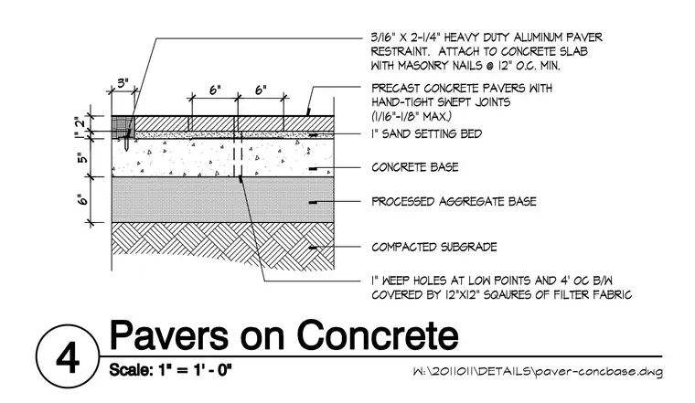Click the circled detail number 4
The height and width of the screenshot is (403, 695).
pyautogui.click(x=68, y=357)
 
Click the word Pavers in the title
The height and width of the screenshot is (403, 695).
pyautogui.click(x=169, y=335)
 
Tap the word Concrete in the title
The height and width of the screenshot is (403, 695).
pyautogui.click(x=378, y=335)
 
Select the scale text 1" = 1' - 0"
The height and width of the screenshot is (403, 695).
pyautogui.click(x=195, y=369)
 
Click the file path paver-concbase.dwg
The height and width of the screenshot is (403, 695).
pyautogui.click(x=598, y=371)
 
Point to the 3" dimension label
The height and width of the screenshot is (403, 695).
pyautogui.click(x=123, y=83)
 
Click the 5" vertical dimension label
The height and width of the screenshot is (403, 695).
pyautogui.click(x=83, y=158)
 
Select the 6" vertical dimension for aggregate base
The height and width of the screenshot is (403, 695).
pyautogui.click(x=83, y=199)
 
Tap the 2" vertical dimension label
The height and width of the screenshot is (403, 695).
pyautogui.click(x=80, y=122)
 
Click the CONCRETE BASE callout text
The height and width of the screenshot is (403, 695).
pyautogui.click(x=415, y=167)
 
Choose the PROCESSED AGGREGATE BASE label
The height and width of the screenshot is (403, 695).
pyautogui.click(x=454, y=201)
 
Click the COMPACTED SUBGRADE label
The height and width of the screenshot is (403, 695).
pyautogui.click(x=434, y=247)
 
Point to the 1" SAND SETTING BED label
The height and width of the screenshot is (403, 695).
pyautogui.click(x=427, y=133)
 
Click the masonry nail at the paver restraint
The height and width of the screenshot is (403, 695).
pyautogui.click(x=126, y=140)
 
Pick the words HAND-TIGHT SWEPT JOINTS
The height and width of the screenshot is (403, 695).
pyautogui.click(x=441, y=102)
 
